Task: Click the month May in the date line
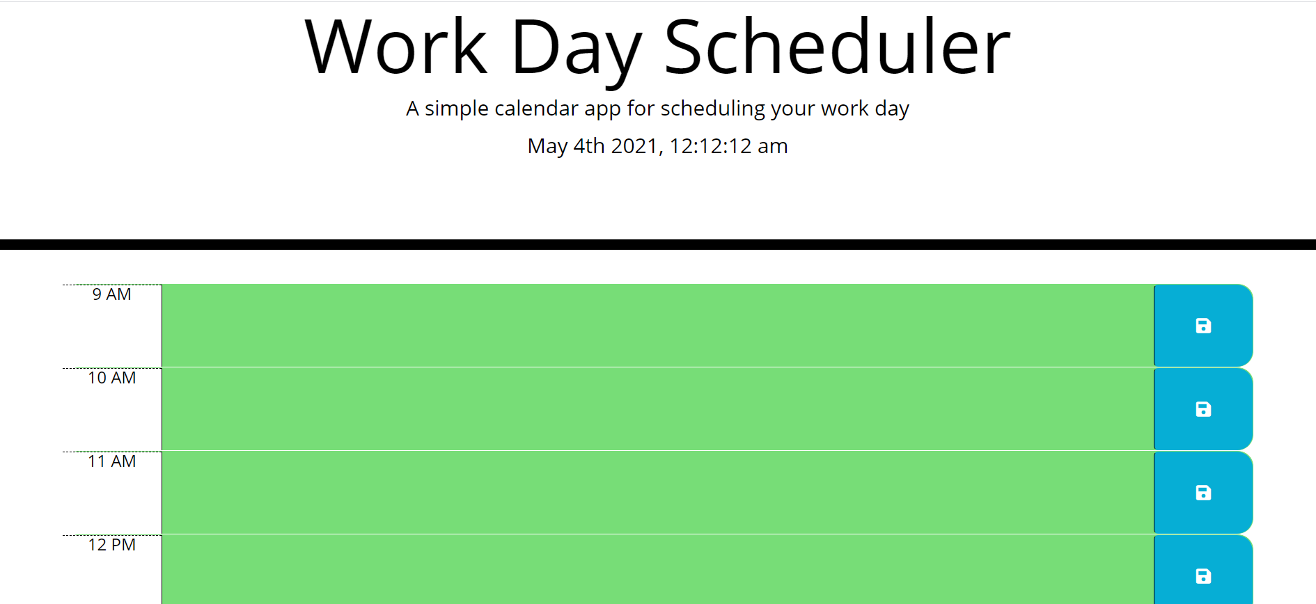(x=547, y=146)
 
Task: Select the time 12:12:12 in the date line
(x=710, y=146)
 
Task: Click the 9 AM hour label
(x=111, y=294)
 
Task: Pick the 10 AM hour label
(x=111, y=378)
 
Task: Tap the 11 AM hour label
(x=111, y=461)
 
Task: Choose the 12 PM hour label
(x=111, y=545)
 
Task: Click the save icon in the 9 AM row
(x=1203, y=326)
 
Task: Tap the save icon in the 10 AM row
(x=1203, y=409)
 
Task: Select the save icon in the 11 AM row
(x=1203, y=493)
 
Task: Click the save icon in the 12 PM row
(x=1203, y=576)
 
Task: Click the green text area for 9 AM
(x=657, y=326)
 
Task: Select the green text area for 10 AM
(x=657, y=409)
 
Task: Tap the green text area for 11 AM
(x=657, y=493)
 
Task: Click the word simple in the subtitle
(x=456, y=109)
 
